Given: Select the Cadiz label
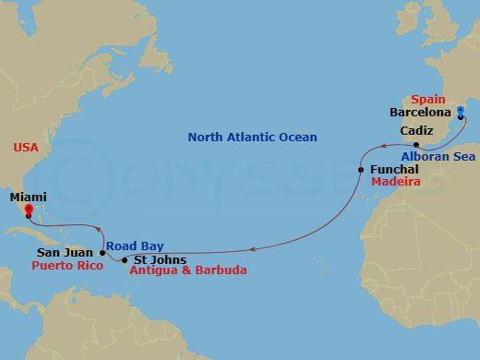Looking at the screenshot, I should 416,132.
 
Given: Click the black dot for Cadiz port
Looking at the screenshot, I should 417,146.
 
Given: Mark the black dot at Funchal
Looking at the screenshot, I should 360,171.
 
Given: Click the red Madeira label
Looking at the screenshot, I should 395,184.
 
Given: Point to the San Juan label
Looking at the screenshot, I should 65,251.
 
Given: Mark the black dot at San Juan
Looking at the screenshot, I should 102,252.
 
